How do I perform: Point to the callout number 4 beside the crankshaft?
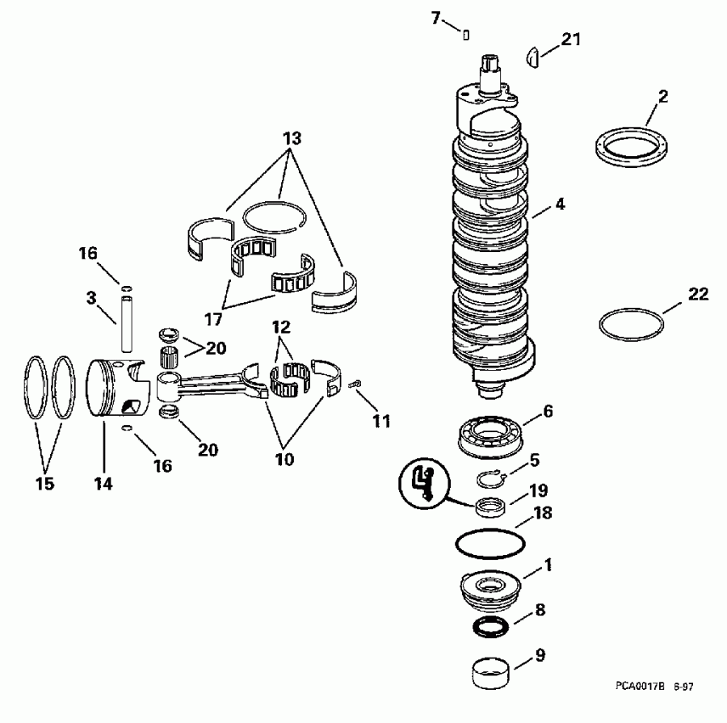point(559,205)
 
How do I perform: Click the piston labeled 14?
point(117,388)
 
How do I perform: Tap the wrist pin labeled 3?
point(128,323)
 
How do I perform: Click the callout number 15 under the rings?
point(44,483)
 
